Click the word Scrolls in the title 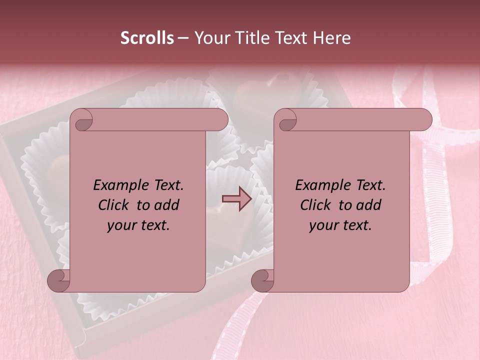(147, 38)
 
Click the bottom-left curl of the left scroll (58, 281)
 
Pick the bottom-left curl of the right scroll (262, 281)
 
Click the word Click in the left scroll (114, 205)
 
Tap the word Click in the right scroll (316, 205)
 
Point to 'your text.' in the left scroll (138, 225)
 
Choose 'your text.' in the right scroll (340, 225)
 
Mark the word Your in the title (210, 38)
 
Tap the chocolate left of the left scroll (59, 167)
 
